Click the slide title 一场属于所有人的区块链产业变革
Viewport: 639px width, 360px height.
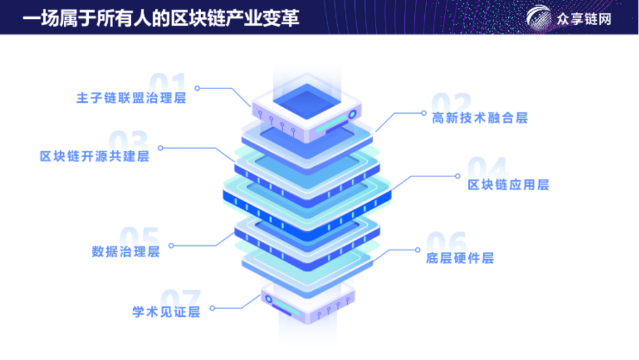click(x=160, y=17)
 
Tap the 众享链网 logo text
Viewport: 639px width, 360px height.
click(x=583, y=19)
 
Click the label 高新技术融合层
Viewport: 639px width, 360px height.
click(x=479, y=118)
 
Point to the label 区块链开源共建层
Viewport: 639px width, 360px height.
click(x=94, y=157)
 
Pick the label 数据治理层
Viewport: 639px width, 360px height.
click(x=125, y=251)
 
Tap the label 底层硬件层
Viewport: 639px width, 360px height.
click(x=459, y=258)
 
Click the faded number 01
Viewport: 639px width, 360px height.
click(x=167, y=85)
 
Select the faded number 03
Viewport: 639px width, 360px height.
click(x=128, y=143)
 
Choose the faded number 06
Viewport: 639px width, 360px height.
click(x=447, y=243)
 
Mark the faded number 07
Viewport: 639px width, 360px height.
click(x=181, y=299)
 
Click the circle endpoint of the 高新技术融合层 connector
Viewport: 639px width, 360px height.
click(x=422, y=112)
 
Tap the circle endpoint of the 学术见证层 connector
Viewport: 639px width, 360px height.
click(x=212, y=308)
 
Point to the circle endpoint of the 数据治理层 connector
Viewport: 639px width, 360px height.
click(x=172, y=245)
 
